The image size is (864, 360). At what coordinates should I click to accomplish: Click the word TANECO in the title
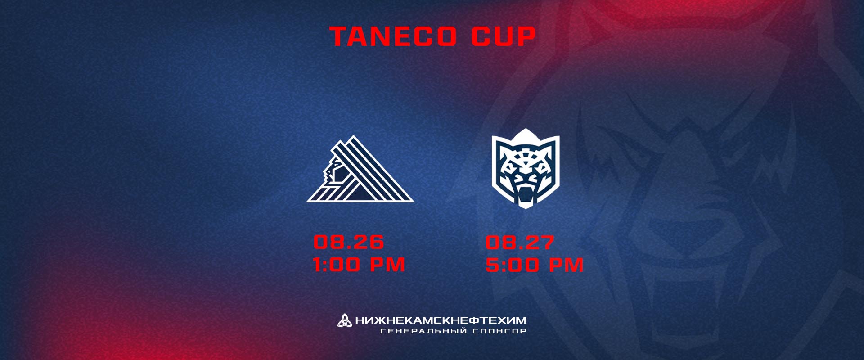[x=393, y=36]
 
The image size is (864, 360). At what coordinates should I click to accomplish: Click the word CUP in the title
[x=504, y=36]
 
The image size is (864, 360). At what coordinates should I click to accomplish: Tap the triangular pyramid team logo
[x=360, y=169]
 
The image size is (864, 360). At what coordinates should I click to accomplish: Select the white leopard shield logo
[x=525, y=168]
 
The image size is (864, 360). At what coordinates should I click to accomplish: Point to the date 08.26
[x=349, y=242]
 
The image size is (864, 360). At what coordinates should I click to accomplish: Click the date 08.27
[x=520, y=243]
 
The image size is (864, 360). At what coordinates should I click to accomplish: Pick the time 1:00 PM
[x=359, y=265]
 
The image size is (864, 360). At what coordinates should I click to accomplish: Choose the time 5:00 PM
[x=535, y=265]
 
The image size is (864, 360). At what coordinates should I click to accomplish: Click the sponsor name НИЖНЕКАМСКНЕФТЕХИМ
[x=441, y=320]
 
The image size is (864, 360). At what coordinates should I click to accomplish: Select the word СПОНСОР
[x=499, y=331]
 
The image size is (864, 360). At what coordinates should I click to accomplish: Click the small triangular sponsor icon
[x=345, y=320]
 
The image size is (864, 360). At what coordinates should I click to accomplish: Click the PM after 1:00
[x=387, y=265]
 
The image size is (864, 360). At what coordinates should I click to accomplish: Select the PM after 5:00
[x=566, y=265]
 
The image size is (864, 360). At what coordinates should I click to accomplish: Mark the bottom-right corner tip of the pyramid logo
[x=414, y=202]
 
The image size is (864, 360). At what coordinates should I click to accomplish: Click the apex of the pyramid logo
[x=354, y=136]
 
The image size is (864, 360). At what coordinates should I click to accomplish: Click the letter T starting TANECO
[x=338, y=36]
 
